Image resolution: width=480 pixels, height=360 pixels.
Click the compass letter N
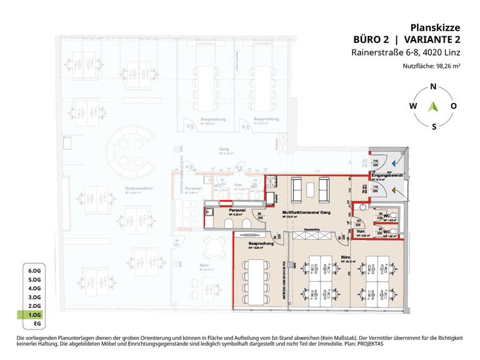434,87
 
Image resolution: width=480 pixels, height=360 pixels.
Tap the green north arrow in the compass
433,106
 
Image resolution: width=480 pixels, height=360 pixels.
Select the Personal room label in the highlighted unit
236,211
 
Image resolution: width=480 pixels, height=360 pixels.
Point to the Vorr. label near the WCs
361,231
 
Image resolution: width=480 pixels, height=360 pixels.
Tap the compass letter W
413,106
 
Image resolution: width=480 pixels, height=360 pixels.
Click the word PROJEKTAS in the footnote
368,344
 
